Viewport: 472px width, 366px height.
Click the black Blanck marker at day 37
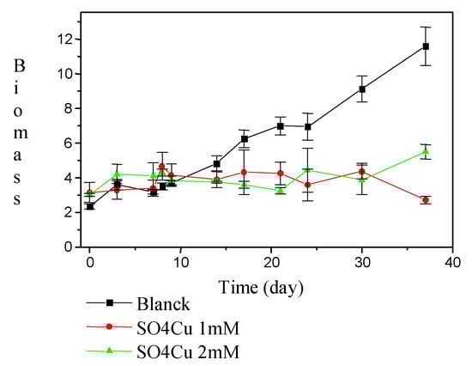[x=426, y=46]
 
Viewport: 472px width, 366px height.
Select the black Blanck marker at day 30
[x=362, y=89]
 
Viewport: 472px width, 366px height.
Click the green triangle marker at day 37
[x=426, y=151]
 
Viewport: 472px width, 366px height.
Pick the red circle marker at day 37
[x=426, y=200]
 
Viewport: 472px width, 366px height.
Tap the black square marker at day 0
[x=90, y=206]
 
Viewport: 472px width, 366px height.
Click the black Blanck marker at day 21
[x=281, y=125]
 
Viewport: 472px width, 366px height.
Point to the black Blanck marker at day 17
[x=245, y=139]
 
